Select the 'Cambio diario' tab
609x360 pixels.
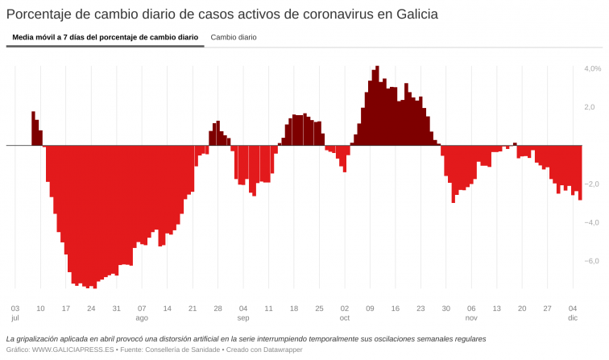point(234,37)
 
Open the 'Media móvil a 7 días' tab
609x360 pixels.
point(105,37)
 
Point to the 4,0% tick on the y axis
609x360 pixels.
point(592,68)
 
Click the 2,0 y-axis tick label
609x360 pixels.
point(590,107)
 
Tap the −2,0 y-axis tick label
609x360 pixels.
point(592,184)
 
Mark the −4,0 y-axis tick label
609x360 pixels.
point(592,222)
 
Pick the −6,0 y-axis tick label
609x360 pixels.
point(592,261)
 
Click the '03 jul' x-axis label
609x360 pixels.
point(15,312)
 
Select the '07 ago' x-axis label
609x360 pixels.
point(142,312)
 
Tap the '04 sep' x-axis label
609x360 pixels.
point(243,312)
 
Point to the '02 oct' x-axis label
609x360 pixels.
point(345,312)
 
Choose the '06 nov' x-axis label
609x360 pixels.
point(471,312)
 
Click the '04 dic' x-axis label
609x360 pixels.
point(573,312)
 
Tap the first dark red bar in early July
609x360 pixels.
point(33,129)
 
